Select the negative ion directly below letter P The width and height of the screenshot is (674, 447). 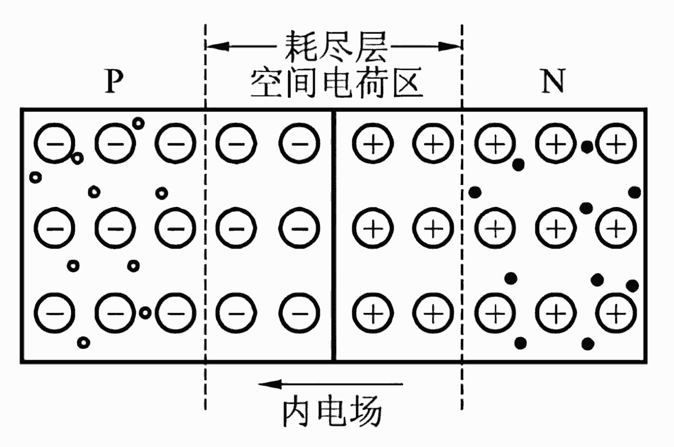pyautogui.click(x=115, y=144)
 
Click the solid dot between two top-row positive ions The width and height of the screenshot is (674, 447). pyautogui.click(x=586, y=147)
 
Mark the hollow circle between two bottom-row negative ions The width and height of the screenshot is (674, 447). pyautogui.click(x=145, y=312)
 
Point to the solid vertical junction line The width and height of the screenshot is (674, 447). pyautogui.click(x=334, y=235)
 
